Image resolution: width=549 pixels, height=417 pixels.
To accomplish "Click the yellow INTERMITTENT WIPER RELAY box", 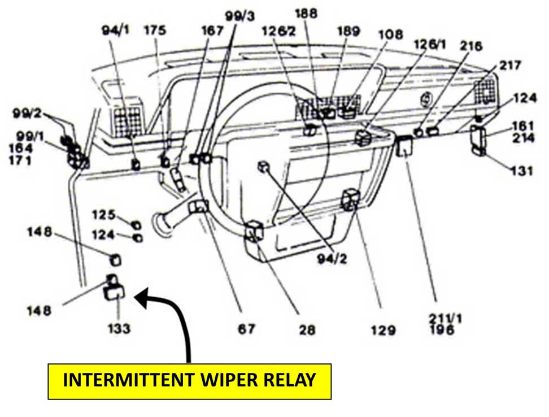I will (189, 381).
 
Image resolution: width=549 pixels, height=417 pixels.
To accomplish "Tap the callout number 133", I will (118, 328).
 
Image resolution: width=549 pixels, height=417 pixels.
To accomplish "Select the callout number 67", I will (246, 328).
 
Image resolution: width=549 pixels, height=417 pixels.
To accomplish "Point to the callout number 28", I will (307, 329).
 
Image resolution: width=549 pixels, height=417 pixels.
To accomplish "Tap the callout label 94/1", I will (115, 31).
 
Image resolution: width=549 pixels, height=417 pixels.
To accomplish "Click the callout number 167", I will (212, 31).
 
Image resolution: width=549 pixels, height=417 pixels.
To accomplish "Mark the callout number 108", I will (391, 34).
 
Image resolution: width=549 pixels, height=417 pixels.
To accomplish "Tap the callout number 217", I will (511, 66).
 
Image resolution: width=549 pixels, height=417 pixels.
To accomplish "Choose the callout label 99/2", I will (27, 112).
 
